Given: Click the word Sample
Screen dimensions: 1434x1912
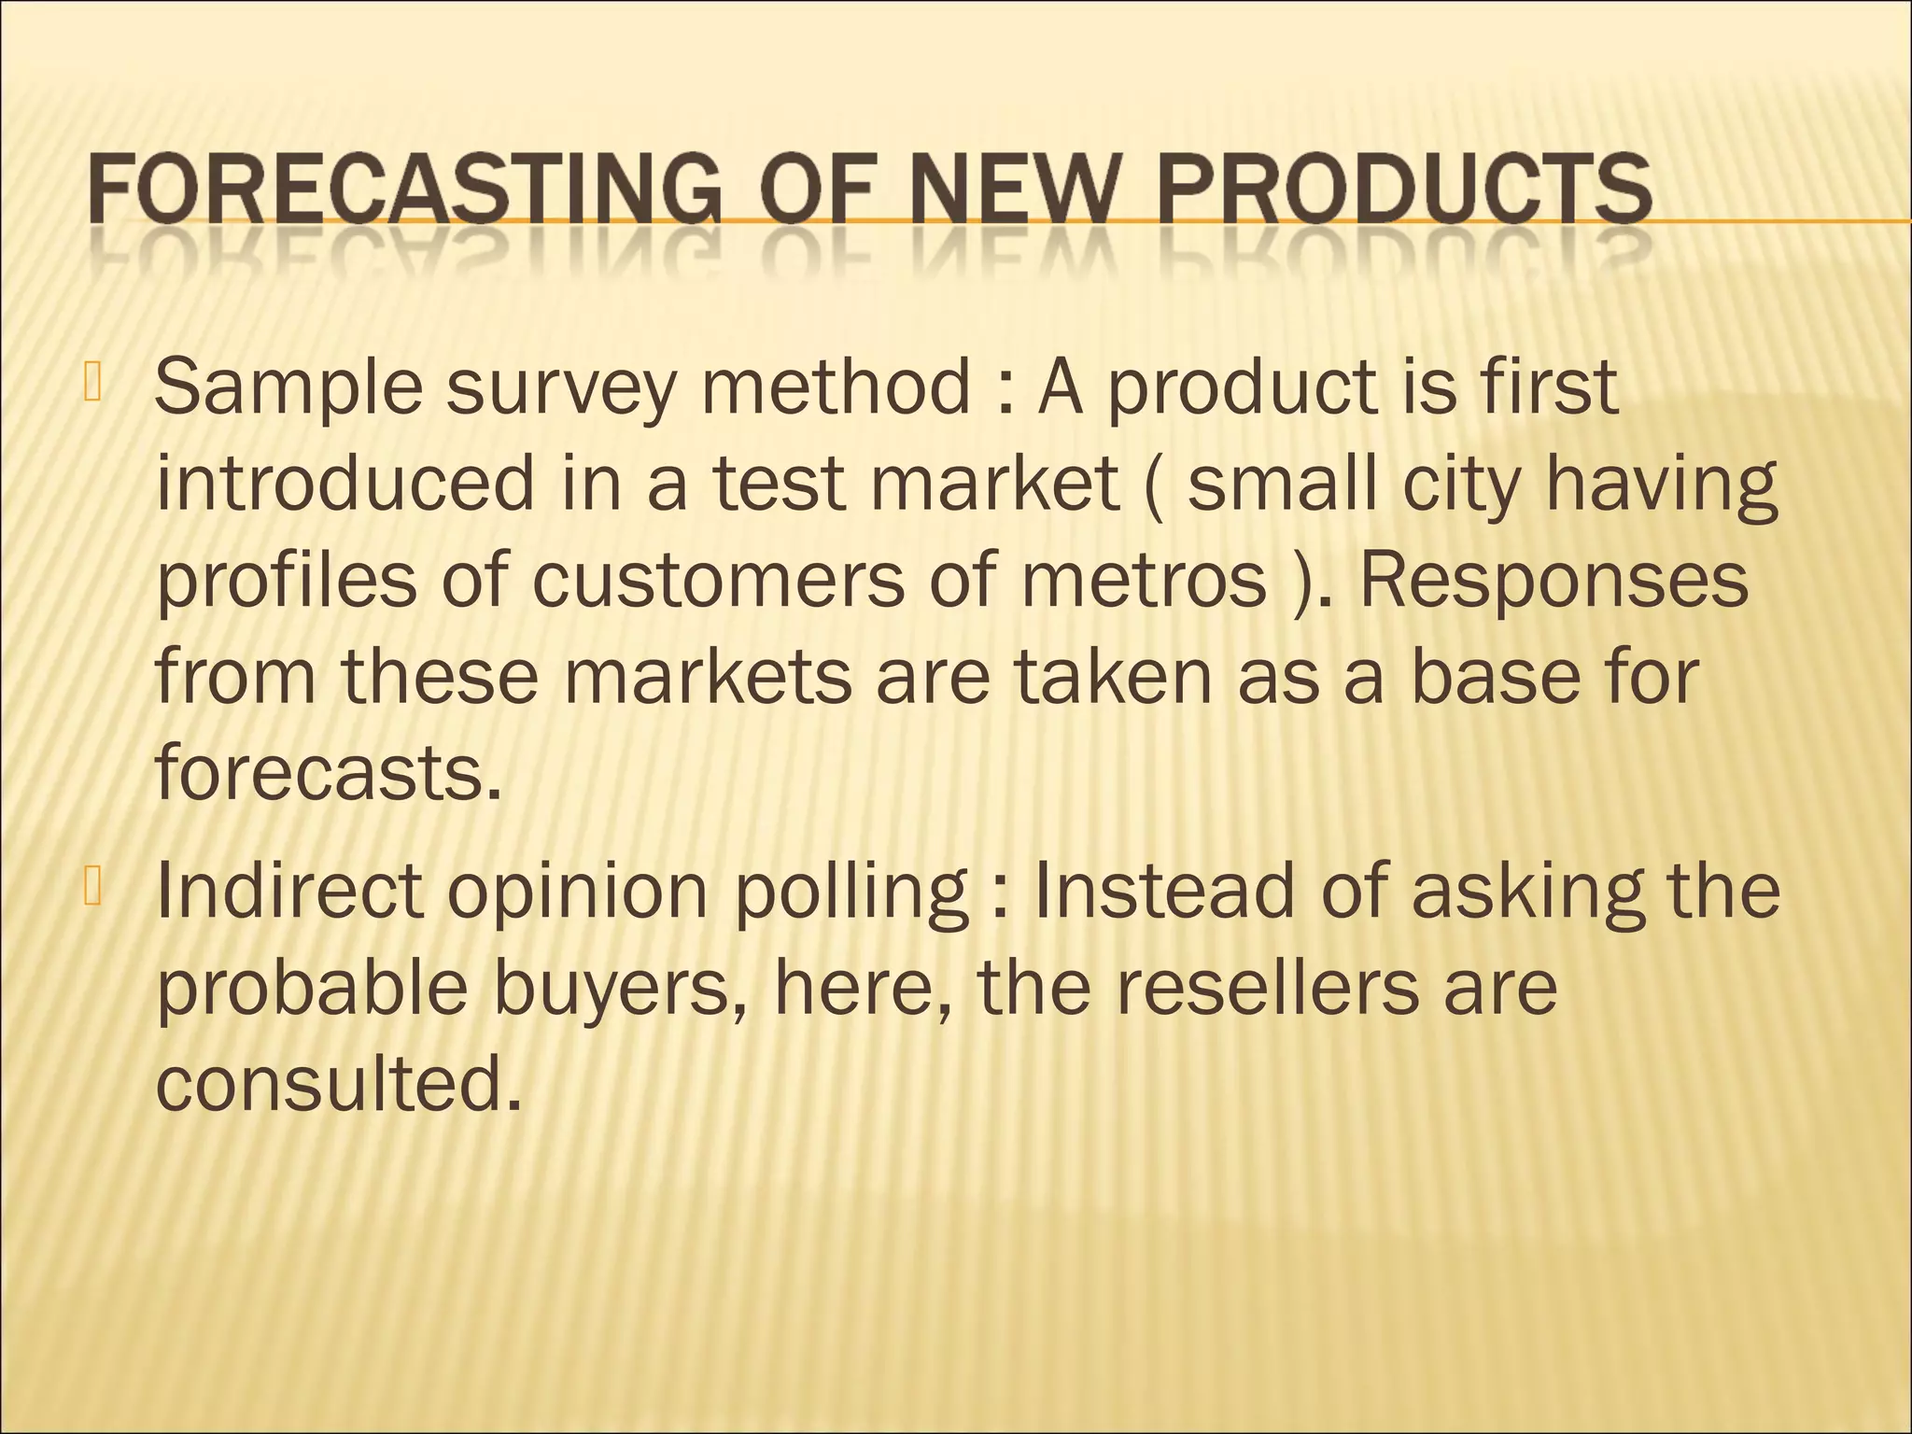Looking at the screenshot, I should (288, 387).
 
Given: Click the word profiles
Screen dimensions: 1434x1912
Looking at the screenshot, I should (286, 581).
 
